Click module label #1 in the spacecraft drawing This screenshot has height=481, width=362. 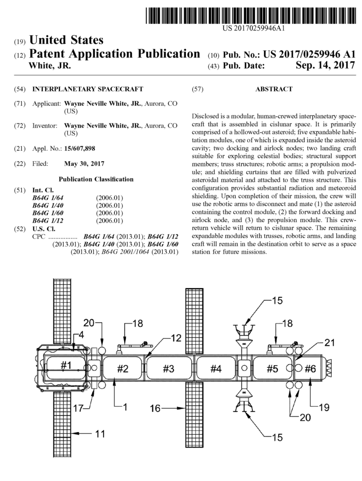click(x=63, y=366)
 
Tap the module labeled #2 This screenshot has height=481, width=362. click(x=123, y=368)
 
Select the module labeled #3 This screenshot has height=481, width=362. click(x=168, y=368)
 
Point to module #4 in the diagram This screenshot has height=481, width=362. click(x=216, y=368)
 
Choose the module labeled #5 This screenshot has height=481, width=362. click(x=271, y=368)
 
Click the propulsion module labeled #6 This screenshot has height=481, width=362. click(x=310, y=368)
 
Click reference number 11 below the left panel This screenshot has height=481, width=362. click(x=100, y=434)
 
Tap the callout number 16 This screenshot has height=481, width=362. click(x=155, y=410)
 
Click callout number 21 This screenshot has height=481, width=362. click(x=331, y=343)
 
